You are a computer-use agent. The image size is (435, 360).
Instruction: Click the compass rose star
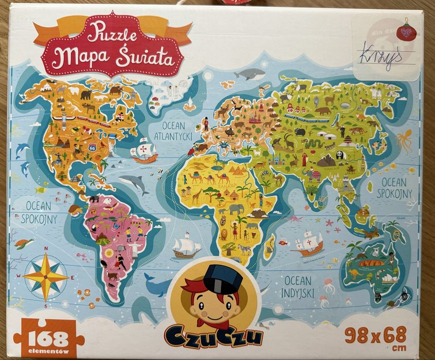(46, 276)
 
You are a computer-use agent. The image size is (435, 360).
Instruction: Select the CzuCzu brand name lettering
(215, 337)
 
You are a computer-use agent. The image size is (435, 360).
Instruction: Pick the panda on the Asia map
(340, 155)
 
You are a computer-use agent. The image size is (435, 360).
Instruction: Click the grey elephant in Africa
(237, 209)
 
